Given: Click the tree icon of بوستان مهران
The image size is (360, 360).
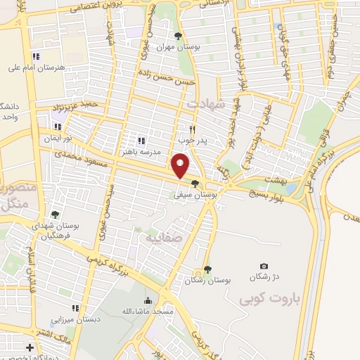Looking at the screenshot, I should [179, 36].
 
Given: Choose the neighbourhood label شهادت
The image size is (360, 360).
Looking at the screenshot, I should [205, 103].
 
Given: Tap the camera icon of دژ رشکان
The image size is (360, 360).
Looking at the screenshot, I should [264, 266].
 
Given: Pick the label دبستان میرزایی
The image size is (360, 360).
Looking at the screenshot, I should [75, 318].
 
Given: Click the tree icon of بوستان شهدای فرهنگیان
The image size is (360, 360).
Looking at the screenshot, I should [55, 214].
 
